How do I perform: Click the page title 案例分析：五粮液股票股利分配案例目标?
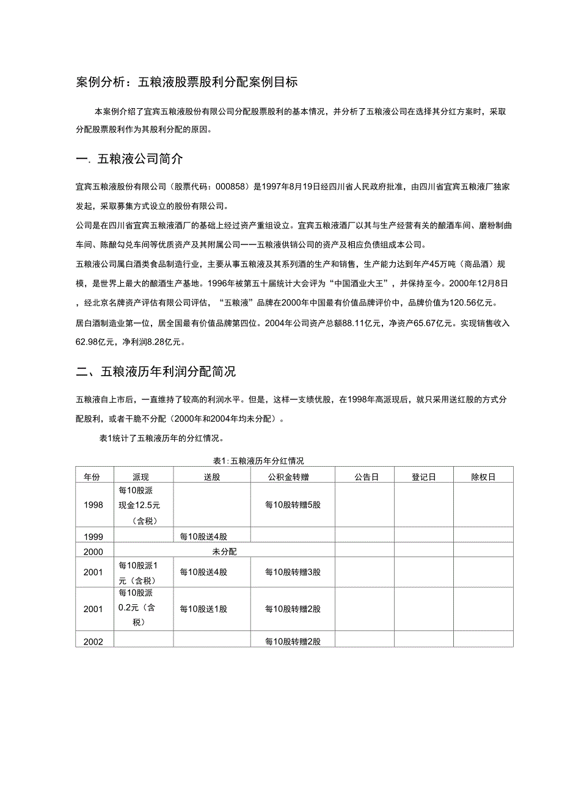coord(187,82)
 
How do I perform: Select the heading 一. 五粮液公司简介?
coord(129,159)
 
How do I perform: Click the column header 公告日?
coord(366,477)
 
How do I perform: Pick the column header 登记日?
coord(423,477)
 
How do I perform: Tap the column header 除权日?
coord(483,477)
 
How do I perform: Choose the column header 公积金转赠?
coord(293,477)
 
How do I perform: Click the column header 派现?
coord(140,477)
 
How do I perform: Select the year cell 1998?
coord(94,505)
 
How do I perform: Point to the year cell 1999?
coord(94,536)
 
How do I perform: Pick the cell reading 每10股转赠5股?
coord(293,505)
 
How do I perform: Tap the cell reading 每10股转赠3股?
coord(293,572)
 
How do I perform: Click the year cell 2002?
coord(94,641)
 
